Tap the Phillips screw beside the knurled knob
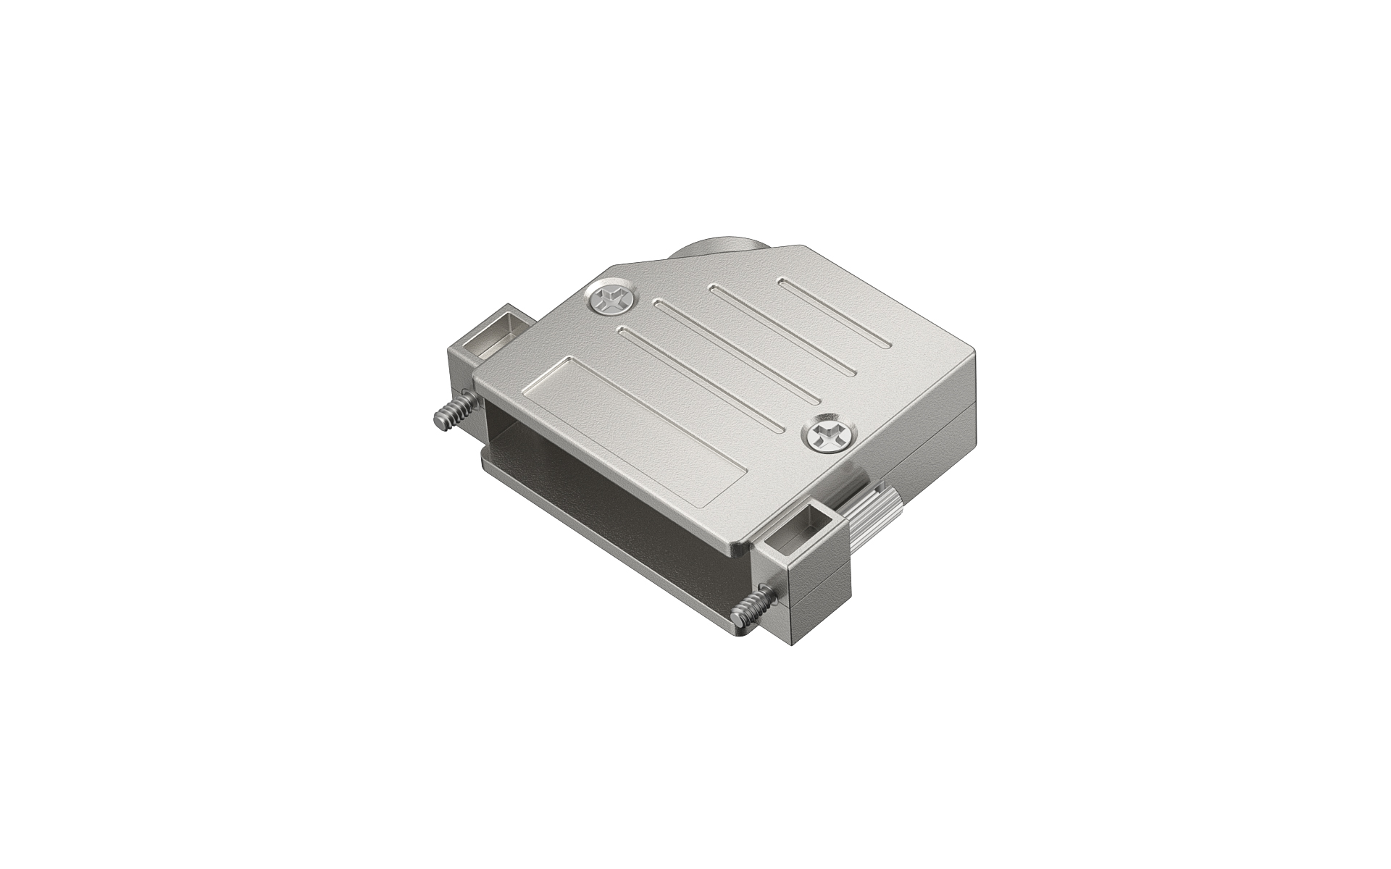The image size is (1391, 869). (828, 437)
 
